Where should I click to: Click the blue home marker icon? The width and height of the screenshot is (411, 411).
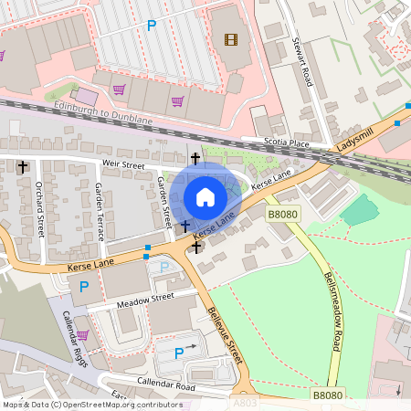click(205, 196)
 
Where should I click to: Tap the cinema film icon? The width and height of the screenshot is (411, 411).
click(230, 39)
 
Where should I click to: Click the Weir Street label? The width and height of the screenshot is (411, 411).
click(124, 164)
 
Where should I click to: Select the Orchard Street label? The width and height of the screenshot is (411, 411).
click(40, 208)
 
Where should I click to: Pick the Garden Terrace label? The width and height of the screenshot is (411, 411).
click(99, 206)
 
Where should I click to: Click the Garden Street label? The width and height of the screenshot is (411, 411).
click(165, 201)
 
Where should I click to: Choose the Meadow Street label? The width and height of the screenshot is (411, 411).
click(144, 299)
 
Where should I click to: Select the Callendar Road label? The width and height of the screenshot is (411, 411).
click(166, 385)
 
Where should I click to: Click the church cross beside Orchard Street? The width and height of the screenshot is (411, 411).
click(22, 167)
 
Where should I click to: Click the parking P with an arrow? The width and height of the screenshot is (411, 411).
click(180, 352)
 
